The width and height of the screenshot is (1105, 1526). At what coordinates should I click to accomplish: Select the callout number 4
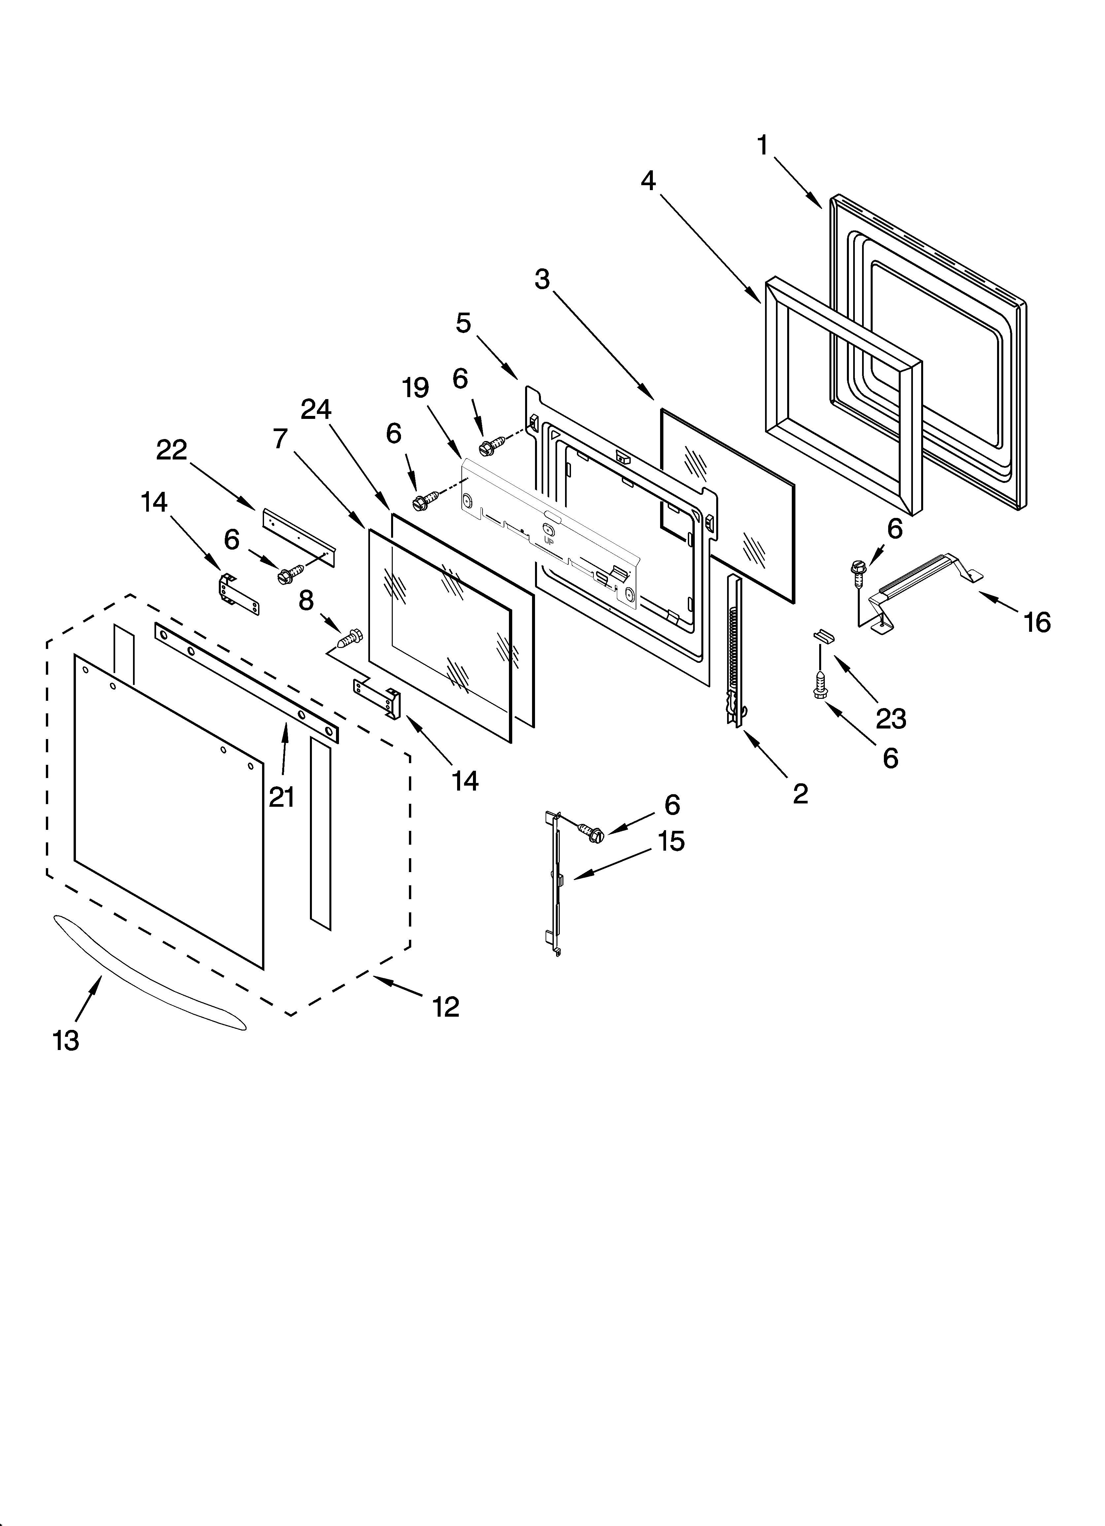648,180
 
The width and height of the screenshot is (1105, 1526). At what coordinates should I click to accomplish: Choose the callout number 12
446,1007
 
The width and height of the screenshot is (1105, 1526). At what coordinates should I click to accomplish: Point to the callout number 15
671,841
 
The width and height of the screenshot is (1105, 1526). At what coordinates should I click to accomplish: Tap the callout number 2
800,794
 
